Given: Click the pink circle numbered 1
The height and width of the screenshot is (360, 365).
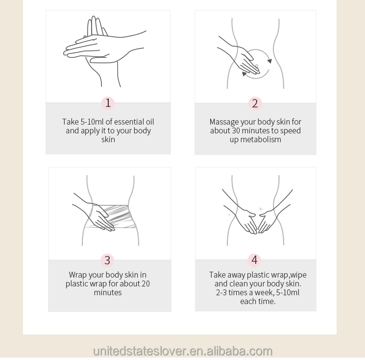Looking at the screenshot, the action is pyautogui.click(x=108, y=103).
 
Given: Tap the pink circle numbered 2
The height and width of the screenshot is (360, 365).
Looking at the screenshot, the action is pyautogui.click(x=255, y=103).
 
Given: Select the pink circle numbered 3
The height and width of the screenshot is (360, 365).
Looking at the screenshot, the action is pyautogui.click(x=107, y=260).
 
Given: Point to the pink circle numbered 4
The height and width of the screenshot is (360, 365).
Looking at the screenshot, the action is pyautogui.click(x=254, y=260).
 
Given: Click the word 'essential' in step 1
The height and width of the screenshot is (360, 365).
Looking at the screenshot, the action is pyautogui.click(x=129, y=122).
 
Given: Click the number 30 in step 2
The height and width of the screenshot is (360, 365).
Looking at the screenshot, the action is pyautogui.click(x=236, y=130).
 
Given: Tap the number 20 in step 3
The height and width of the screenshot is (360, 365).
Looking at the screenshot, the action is pyautogui.click(x=146, y=283).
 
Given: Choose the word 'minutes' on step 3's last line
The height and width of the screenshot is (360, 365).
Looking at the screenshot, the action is pyautogui.click(x=108, y=292).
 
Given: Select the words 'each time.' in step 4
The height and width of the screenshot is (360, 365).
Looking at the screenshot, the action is pyautogui.click(x=258, y=301).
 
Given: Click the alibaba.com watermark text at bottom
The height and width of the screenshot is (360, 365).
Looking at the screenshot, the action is pyautogui.click(x=183, y=351).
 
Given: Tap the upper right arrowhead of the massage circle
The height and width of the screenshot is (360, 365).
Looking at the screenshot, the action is pyautogui.click(x=269, y=61).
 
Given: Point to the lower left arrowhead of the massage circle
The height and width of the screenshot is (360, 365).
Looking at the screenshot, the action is pyautogui.click(x=243, y=74).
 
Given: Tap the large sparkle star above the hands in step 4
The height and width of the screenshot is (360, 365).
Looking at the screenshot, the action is pyautogui.click(x=261, y=208).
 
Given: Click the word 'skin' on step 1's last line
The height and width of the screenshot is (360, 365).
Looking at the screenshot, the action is pyautogui.click(x=108, y=139).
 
